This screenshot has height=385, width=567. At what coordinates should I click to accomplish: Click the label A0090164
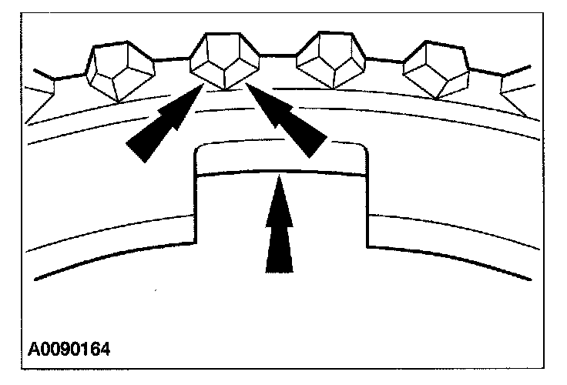(69, 349)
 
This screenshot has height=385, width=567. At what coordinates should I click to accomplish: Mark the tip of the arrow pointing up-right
(203, 86)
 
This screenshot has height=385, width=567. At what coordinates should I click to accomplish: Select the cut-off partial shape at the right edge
(515, 89)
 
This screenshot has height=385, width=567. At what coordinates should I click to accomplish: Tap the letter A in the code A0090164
(35, 349)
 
